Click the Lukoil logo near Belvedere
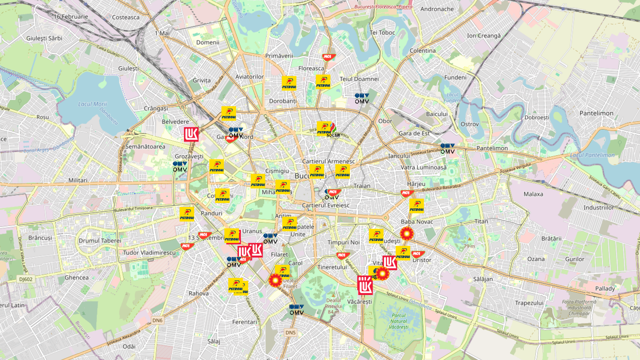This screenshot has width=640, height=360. (x=191, y=134)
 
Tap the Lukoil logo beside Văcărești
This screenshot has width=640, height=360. (x=365, y=285)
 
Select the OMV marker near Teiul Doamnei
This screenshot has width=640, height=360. (x=362, y=99)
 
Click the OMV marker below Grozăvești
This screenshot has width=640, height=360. (x=180, y=167)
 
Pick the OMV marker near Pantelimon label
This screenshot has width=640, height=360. (x=447, y=149)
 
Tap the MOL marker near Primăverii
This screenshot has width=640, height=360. (x=328, y=57)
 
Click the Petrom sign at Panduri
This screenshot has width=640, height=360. (x=187, y=214)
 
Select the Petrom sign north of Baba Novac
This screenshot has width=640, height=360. (x=416, y=206)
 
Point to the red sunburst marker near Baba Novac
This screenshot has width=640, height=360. (x=407, y=233)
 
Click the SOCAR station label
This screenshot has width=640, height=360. (x=333, y=135)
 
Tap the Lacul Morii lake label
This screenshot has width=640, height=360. (x=92, y=104)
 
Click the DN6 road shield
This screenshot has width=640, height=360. (x=157, y=320)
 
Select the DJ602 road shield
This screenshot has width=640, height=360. (x=26, y=279)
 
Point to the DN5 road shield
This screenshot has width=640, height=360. (x=290, y=332)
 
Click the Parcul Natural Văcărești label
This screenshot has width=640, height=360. (x=399, y=321)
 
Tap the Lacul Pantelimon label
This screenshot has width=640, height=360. (x=592, y=155)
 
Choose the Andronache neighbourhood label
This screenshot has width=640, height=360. (x=437, y=9)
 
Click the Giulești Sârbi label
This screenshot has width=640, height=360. (x=44, y=38)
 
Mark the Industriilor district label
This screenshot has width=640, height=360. (x=598, y=208)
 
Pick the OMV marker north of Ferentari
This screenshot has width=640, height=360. (x=296, y=310)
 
